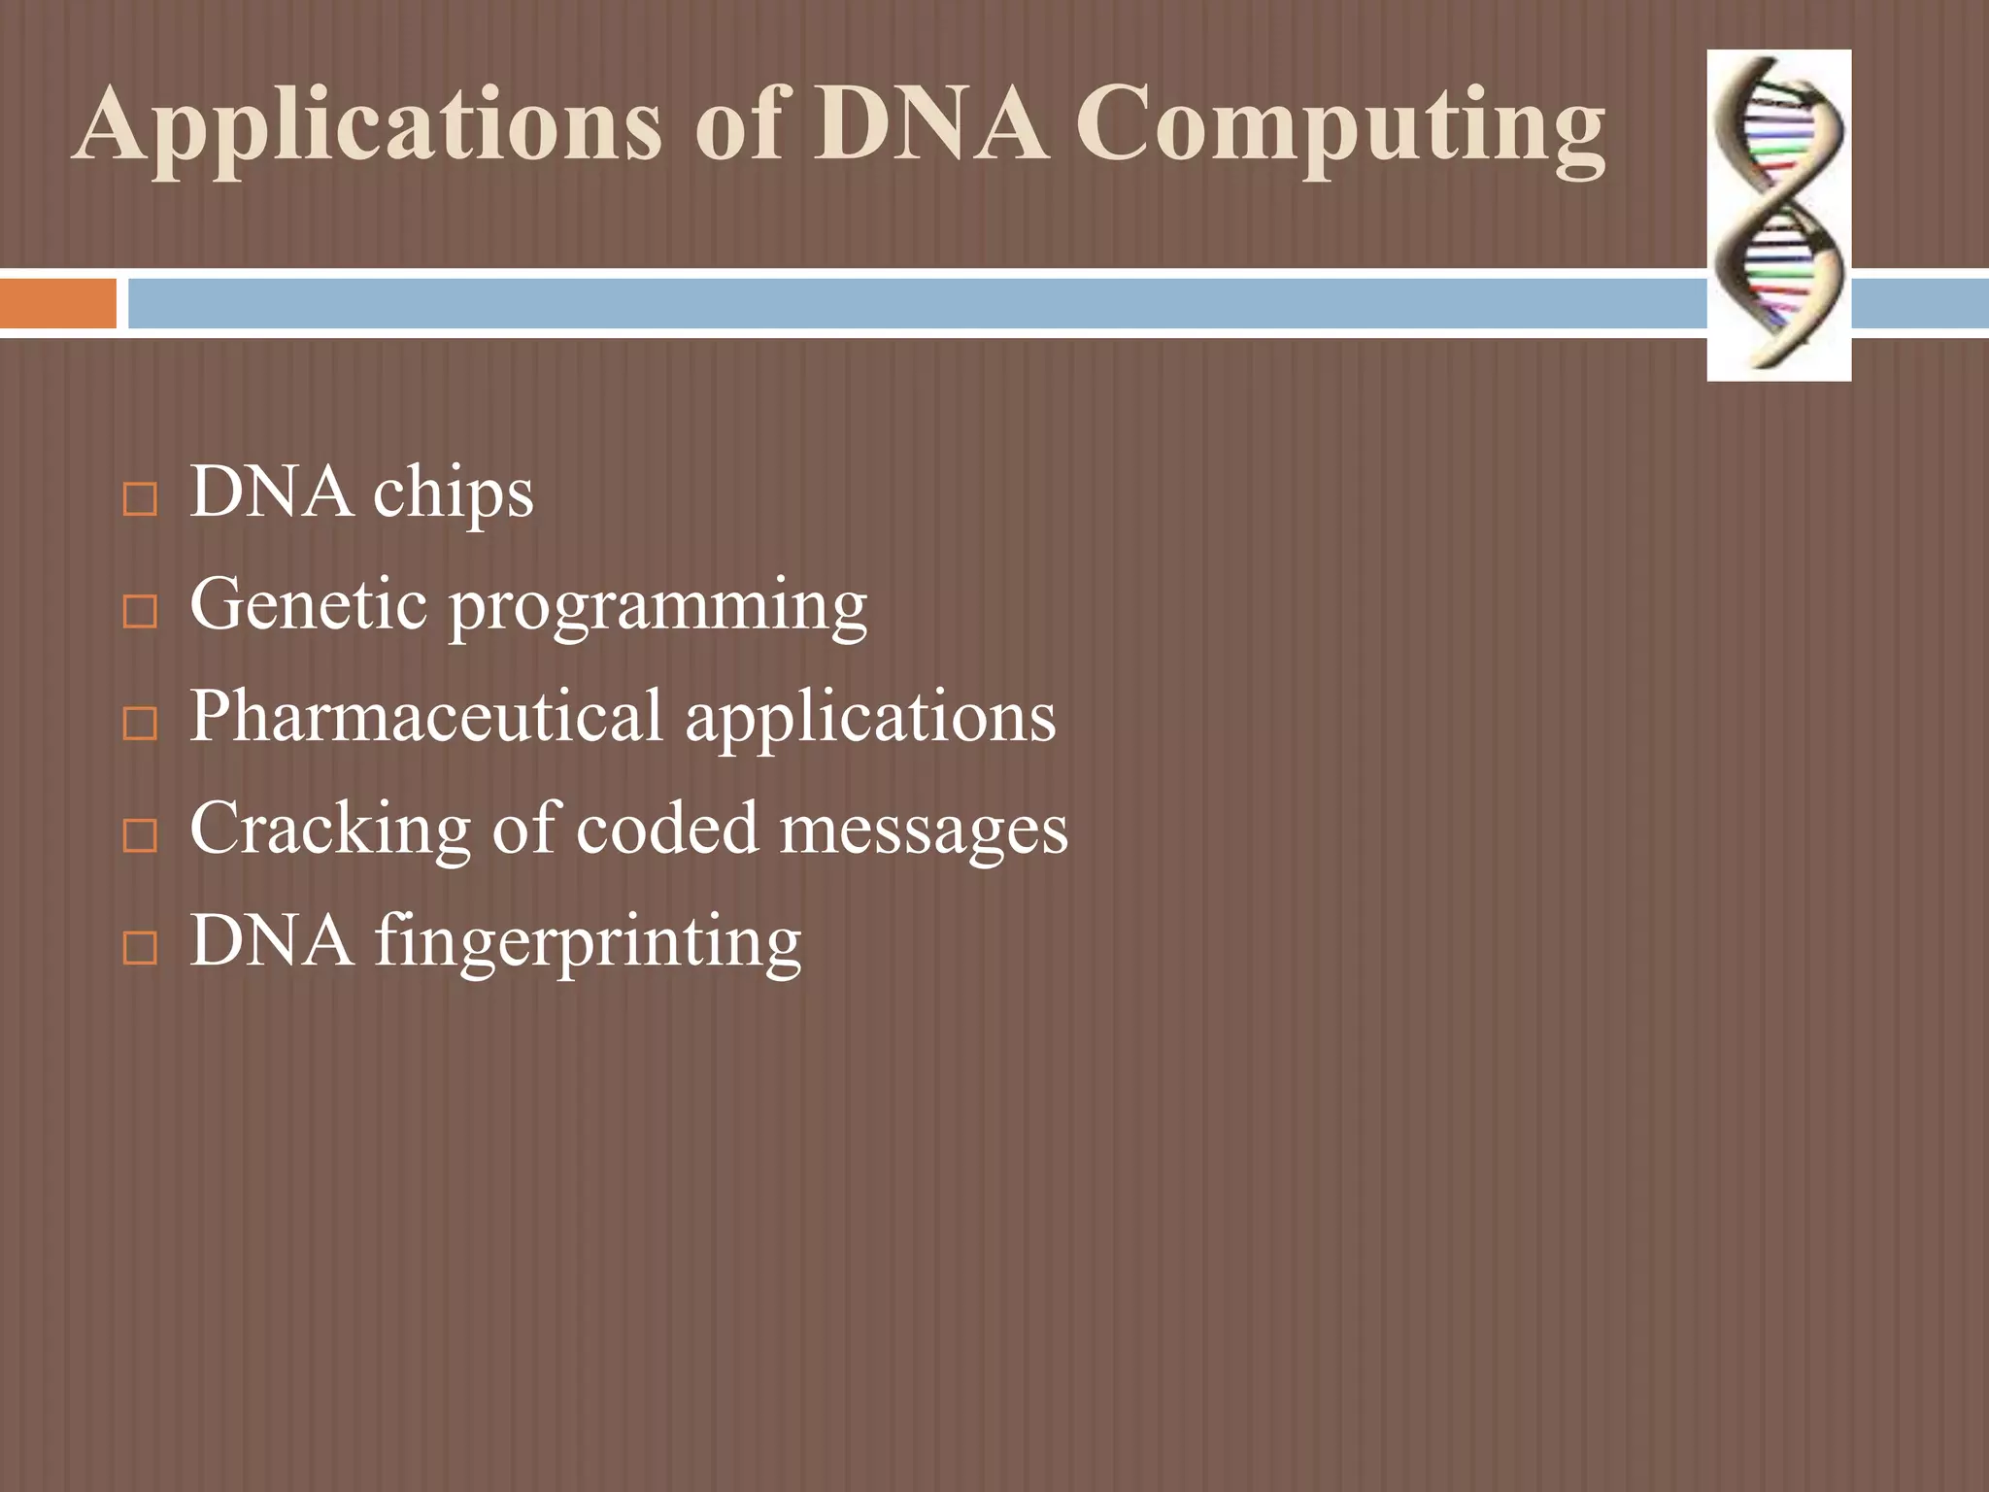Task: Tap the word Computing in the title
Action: pyautogui.click(x=1340, y=126)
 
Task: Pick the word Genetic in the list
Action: pyautogui.click(x=309, y=604)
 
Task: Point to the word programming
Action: pyautogui.click(x=658, y=608)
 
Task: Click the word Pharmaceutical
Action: pyautogui.click(x=425, y=717)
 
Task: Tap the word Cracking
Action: pyautogui.click(x=331, y=830)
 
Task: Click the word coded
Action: pyautogui.click(x=666, y=829)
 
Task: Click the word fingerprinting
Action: pyautogui.click(x=588, y=942)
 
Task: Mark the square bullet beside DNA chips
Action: pyautogui.click(x=141, y=499)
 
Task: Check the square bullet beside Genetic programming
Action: pyautogui.click(x=141, y=611)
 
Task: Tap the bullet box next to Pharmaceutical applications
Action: pyautogui.click(x=141, y=724)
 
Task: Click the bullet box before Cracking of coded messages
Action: pyautogui.click(x=141, y=835)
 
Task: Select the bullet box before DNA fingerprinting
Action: pyautogui.click(x=141, y=947)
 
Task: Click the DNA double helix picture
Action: pyautogui.click(x=1778, y=215)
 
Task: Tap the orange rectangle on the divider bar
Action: pyautogui.click(x=58, y=303)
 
